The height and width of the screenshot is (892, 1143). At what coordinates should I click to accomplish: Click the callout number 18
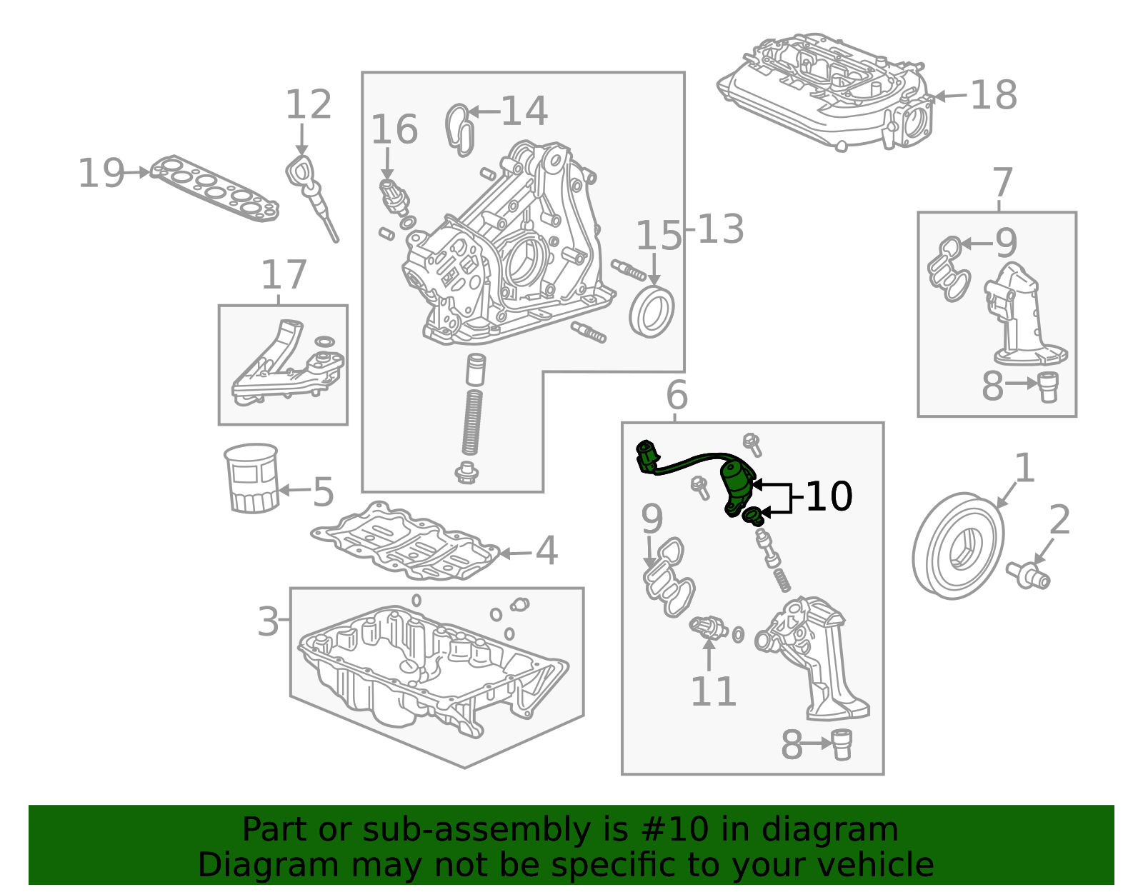(994, 95)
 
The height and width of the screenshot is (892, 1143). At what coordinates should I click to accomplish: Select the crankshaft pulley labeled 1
(957, 546)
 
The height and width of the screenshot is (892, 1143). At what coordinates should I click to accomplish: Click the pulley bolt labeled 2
(1029, 575)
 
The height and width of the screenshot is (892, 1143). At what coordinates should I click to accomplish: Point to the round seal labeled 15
(652, 311)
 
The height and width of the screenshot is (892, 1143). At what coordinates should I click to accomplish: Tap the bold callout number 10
(829, 496)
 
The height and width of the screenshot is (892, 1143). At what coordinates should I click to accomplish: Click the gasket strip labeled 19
(214, 188)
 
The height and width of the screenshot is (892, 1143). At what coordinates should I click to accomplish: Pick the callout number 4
(546, 551)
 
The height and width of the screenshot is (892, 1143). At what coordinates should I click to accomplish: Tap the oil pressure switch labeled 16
(394, 196)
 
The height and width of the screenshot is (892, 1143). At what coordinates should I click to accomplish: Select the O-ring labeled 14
(459, 129)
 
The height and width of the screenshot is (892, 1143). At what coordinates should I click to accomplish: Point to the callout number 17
(284, 275)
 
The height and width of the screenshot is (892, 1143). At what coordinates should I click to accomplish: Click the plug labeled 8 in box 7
(1047, 386)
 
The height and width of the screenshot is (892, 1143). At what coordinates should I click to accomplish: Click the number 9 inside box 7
(1006, 243)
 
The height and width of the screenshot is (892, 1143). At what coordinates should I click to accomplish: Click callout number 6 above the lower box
(676, 395)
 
